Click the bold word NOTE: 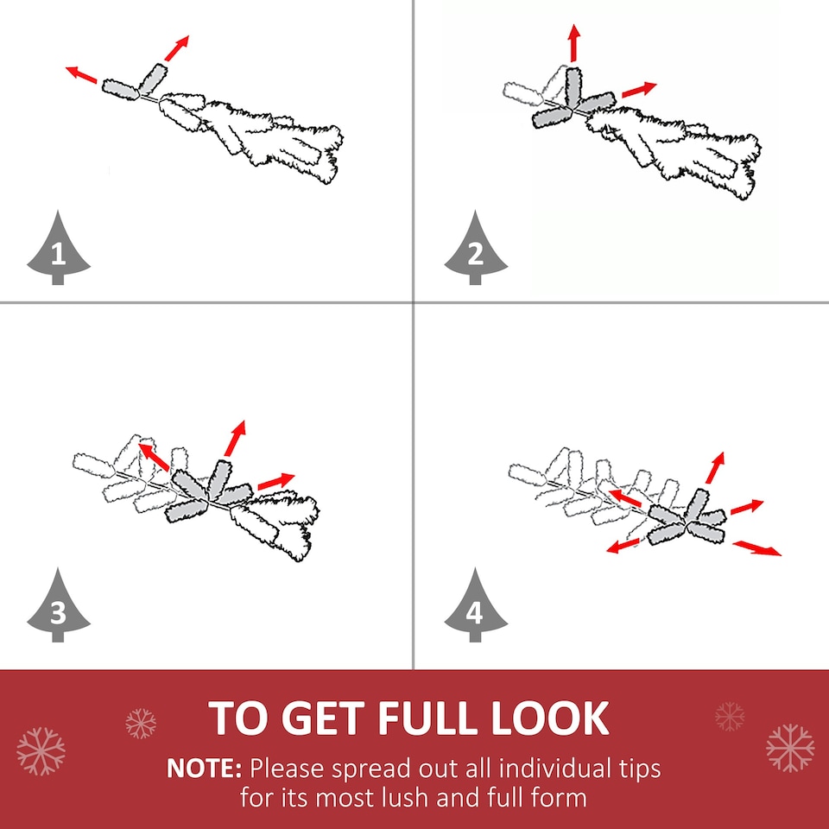(204, 769)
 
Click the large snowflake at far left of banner (41, 751)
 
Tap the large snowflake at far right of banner (790, 748)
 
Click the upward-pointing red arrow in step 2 (573, 43)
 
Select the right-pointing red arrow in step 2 (639, 90)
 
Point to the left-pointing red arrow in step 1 (81, 74)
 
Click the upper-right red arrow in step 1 (176, 48)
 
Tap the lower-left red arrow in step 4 (623, 546)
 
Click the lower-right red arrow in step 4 (757, 548)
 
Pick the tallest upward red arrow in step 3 (235, 439)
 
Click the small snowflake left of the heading (141, 724)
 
